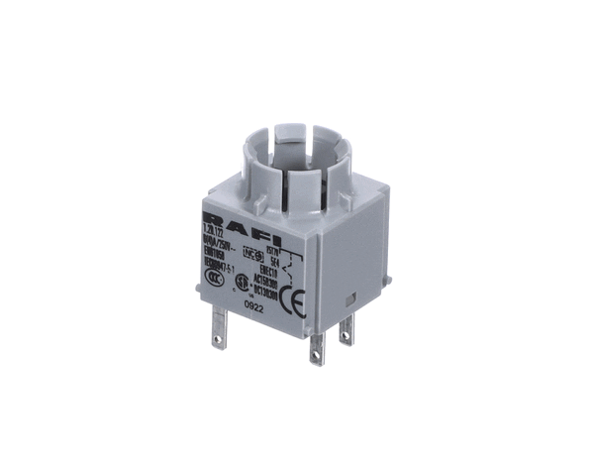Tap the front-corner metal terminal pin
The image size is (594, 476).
tap(315, 347)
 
